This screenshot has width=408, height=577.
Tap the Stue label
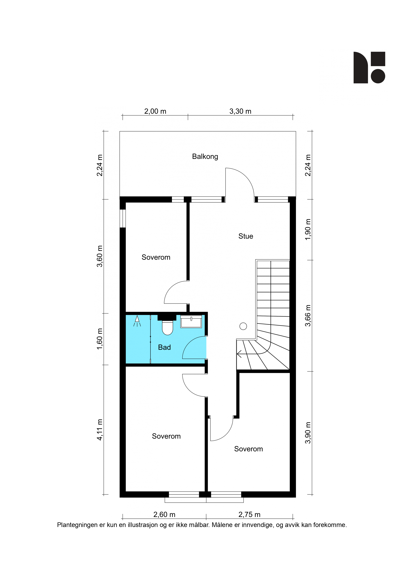click(246, 236)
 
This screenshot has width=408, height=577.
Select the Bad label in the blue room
click(164, 347)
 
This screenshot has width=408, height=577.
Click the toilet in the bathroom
click(167, 327)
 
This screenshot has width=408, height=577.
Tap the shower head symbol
click(137, 321)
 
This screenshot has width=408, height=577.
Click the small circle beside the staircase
click(243, 326)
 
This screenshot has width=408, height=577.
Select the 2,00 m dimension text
click(155, 111)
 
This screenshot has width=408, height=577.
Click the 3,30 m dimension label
click(240, 111)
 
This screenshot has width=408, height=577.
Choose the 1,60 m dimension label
click(100, 339)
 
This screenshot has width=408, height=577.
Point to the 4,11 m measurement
click(100, 430)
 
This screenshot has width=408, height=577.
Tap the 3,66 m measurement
click(308, 316)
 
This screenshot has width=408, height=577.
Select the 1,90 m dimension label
click(308, 229)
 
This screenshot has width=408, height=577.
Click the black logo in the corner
click(369, 67)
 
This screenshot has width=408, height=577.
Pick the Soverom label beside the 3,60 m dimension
click(156, 257)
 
